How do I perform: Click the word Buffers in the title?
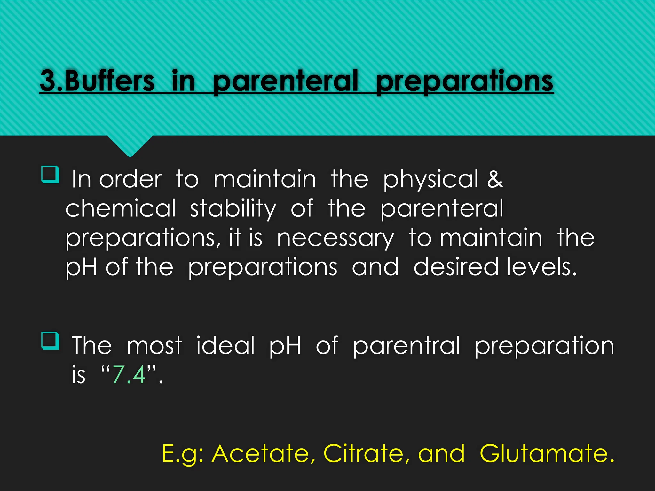(x=110, y=81)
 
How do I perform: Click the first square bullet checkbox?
(x=51, y=175)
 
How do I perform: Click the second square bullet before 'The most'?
(x=51, y=341)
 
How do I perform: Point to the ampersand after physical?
(x=495, y=179)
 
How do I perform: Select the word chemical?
(x=121, y=208)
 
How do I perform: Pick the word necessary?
(x=335, y=238)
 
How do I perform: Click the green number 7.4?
(x=129, y=374)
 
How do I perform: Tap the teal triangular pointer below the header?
(x=130, y=145)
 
